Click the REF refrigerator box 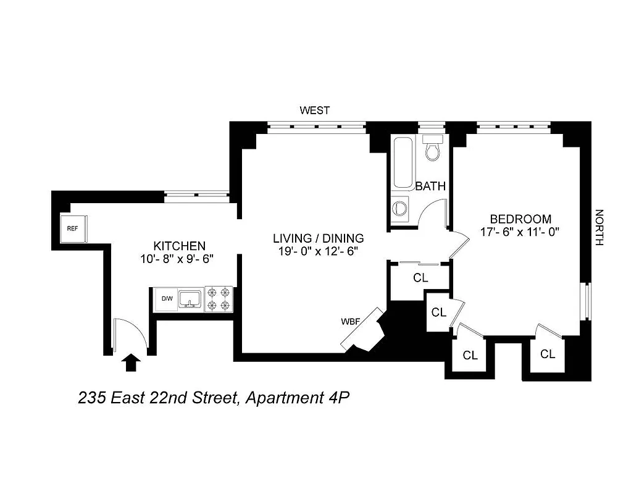[73, 228]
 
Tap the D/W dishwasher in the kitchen [167, 299]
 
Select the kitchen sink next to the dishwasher [190, 299]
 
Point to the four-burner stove [219, 299]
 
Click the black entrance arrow [130, 362]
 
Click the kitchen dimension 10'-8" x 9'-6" [177, 259]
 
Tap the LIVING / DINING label [318, 238]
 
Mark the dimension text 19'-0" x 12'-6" [318, 251]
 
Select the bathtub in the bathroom [404, 163]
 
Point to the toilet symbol [432, 148]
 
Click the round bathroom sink [400, 207]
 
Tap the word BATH [430, 186]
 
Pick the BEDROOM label [520, 219]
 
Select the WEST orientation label [314, 111]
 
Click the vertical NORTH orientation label [598, 228]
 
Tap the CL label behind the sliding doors [420, 278]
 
